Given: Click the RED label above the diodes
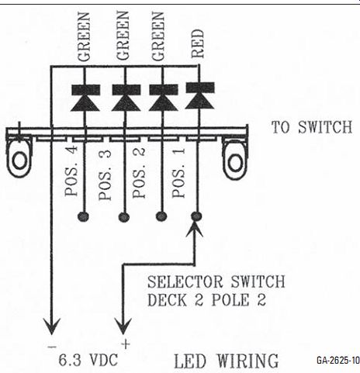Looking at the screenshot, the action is tap(198, 43).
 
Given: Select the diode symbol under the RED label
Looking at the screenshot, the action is tap(200, 95).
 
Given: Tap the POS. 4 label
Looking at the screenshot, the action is tap(71, 171).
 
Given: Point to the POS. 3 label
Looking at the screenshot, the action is tap(105, 175).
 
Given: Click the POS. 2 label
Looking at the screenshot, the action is tap(139, 173).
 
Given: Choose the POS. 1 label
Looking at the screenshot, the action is tap(178, 173).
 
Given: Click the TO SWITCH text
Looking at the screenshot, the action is tap(312, 127).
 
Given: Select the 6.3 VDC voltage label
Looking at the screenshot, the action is tap(88, 360).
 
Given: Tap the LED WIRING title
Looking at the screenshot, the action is tap(227, 361).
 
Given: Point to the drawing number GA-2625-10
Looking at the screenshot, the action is tap(338, 360).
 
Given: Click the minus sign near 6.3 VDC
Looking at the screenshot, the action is tap(52, 347).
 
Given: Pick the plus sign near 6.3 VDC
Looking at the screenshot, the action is tap(126, 344).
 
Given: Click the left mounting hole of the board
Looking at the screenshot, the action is tap(19, 160).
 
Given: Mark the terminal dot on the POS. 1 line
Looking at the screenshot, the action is tap(196, 216).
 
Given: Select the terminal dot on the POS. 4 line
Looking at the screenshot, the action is tap(83, 216).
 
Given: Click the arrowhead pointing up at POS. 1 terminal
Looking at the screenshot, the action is tap(195, 229).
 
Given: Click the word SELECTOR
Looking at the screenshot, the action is tap(185, 281).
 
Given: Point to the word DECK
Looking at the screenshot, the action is tap(167, 300).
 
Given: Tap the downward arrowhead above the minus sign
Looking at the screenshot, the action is tap(52, 326).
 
